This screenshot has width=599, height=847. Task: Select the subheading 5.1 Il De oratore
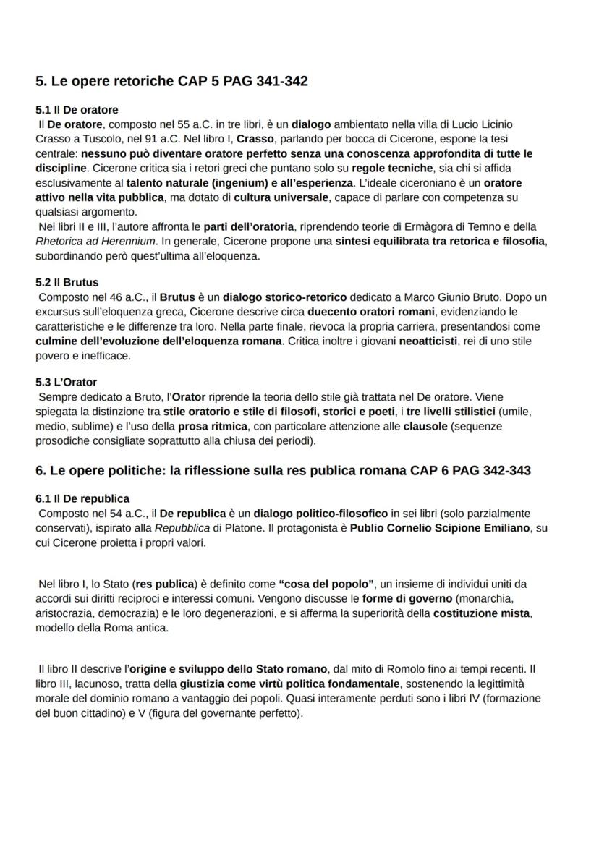point(77,110)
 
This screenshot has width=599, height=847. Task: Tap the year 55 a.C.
point(189,124)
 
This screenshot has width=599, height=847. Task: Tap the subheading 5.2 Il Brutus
point(67,282)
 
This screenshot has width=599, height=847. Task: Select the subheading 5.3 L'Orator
point(66,382)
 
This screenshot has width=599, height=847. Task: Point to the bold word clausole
point(425,426)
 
